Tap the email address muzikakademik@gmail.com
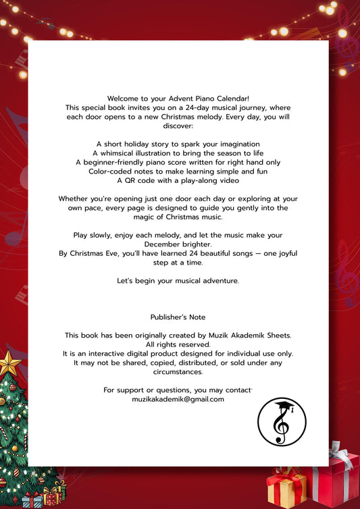pos(178,399)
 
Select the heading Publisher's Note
pos(178,317)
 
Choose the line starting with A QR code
pos(178,180)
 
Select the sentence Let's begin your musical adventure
pos(178,280)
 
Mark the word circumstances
pos(178,371)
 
